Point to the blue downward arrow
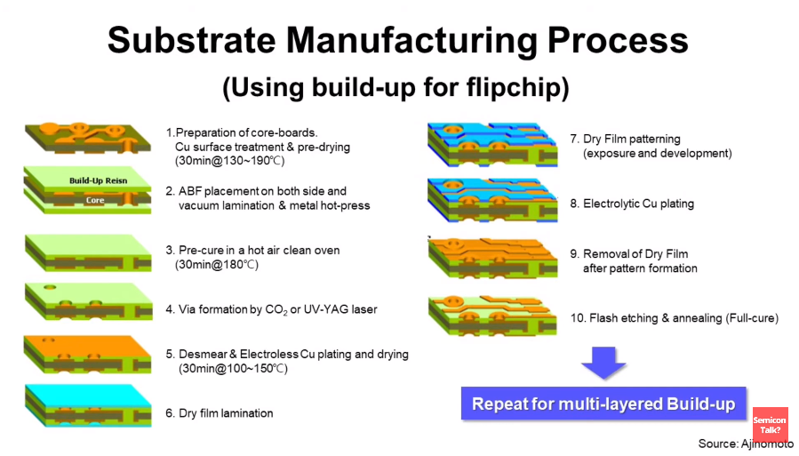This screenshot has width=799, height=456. pyautogui.click(x=603, y=362)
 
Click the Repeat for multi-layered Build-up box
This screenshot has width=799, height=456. pyautogui.click(x=603, y=404)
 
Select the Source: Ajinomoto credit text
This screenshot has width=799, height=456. pyautogui.click(x=746, y=444)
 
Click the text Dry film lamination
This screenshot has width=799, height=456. pyautogui.click(x=226, y=413)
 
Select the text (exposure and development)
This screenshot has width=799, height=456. pyautogui.click(x=657, y=154)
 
